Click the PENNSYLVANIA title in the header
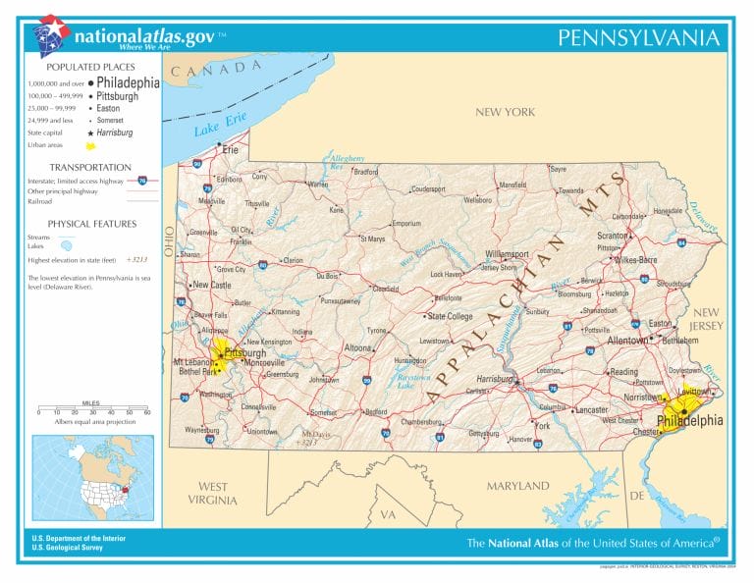click(638, 38)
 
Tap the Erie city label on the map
click(231, 150)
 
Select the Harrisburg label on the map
click(495, 378)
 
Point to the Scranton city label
click(613, 236)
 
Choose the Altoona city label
click(357, 347)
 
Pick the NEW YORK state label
click(505, 112)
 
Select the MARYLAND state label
click(517, 486)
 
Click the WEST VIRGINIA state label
click(213, 493)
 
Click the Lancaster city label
click(591, 409)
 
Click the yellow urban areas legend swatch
click(89, 145)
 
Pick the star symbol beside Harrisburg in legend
click(90, 132)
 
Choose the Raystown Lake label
click(412, 381)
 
